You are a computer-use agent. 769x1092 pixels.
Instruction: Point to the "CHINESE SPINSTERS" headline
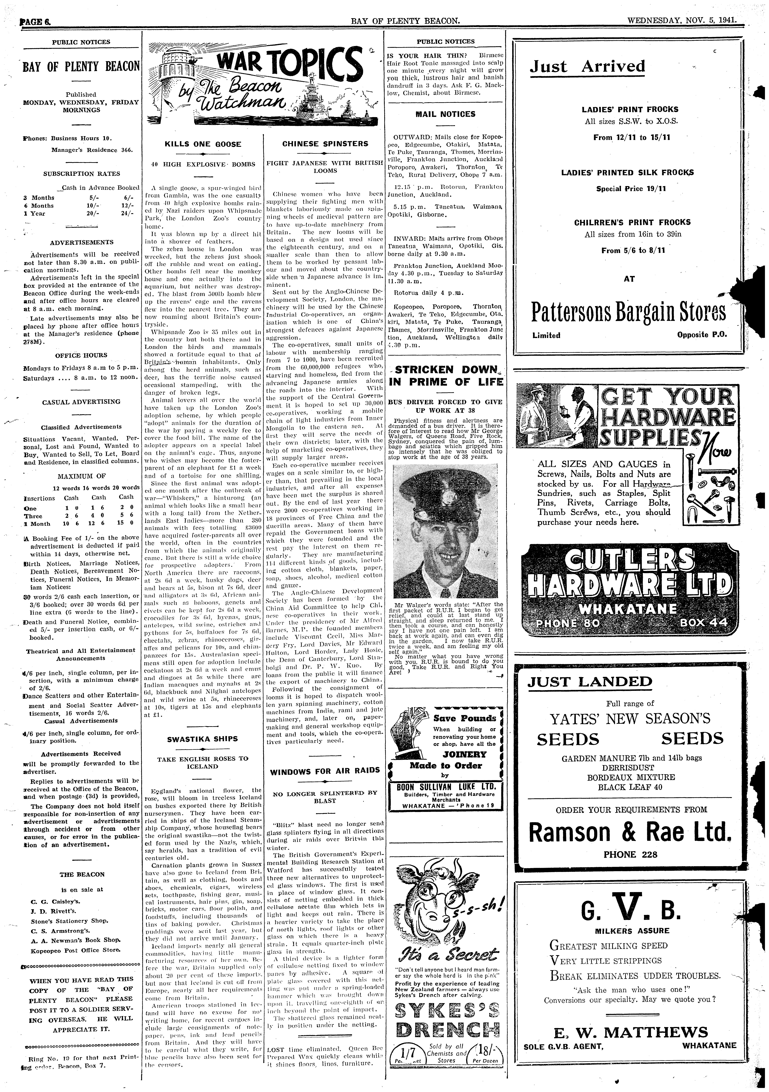click(325, 144)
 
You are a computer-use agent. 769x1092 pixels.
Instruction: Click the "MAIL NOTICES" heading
click(445, 114)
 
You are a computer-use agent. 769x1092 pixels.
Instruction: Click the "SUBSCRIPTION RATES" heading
click(81, 174)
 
